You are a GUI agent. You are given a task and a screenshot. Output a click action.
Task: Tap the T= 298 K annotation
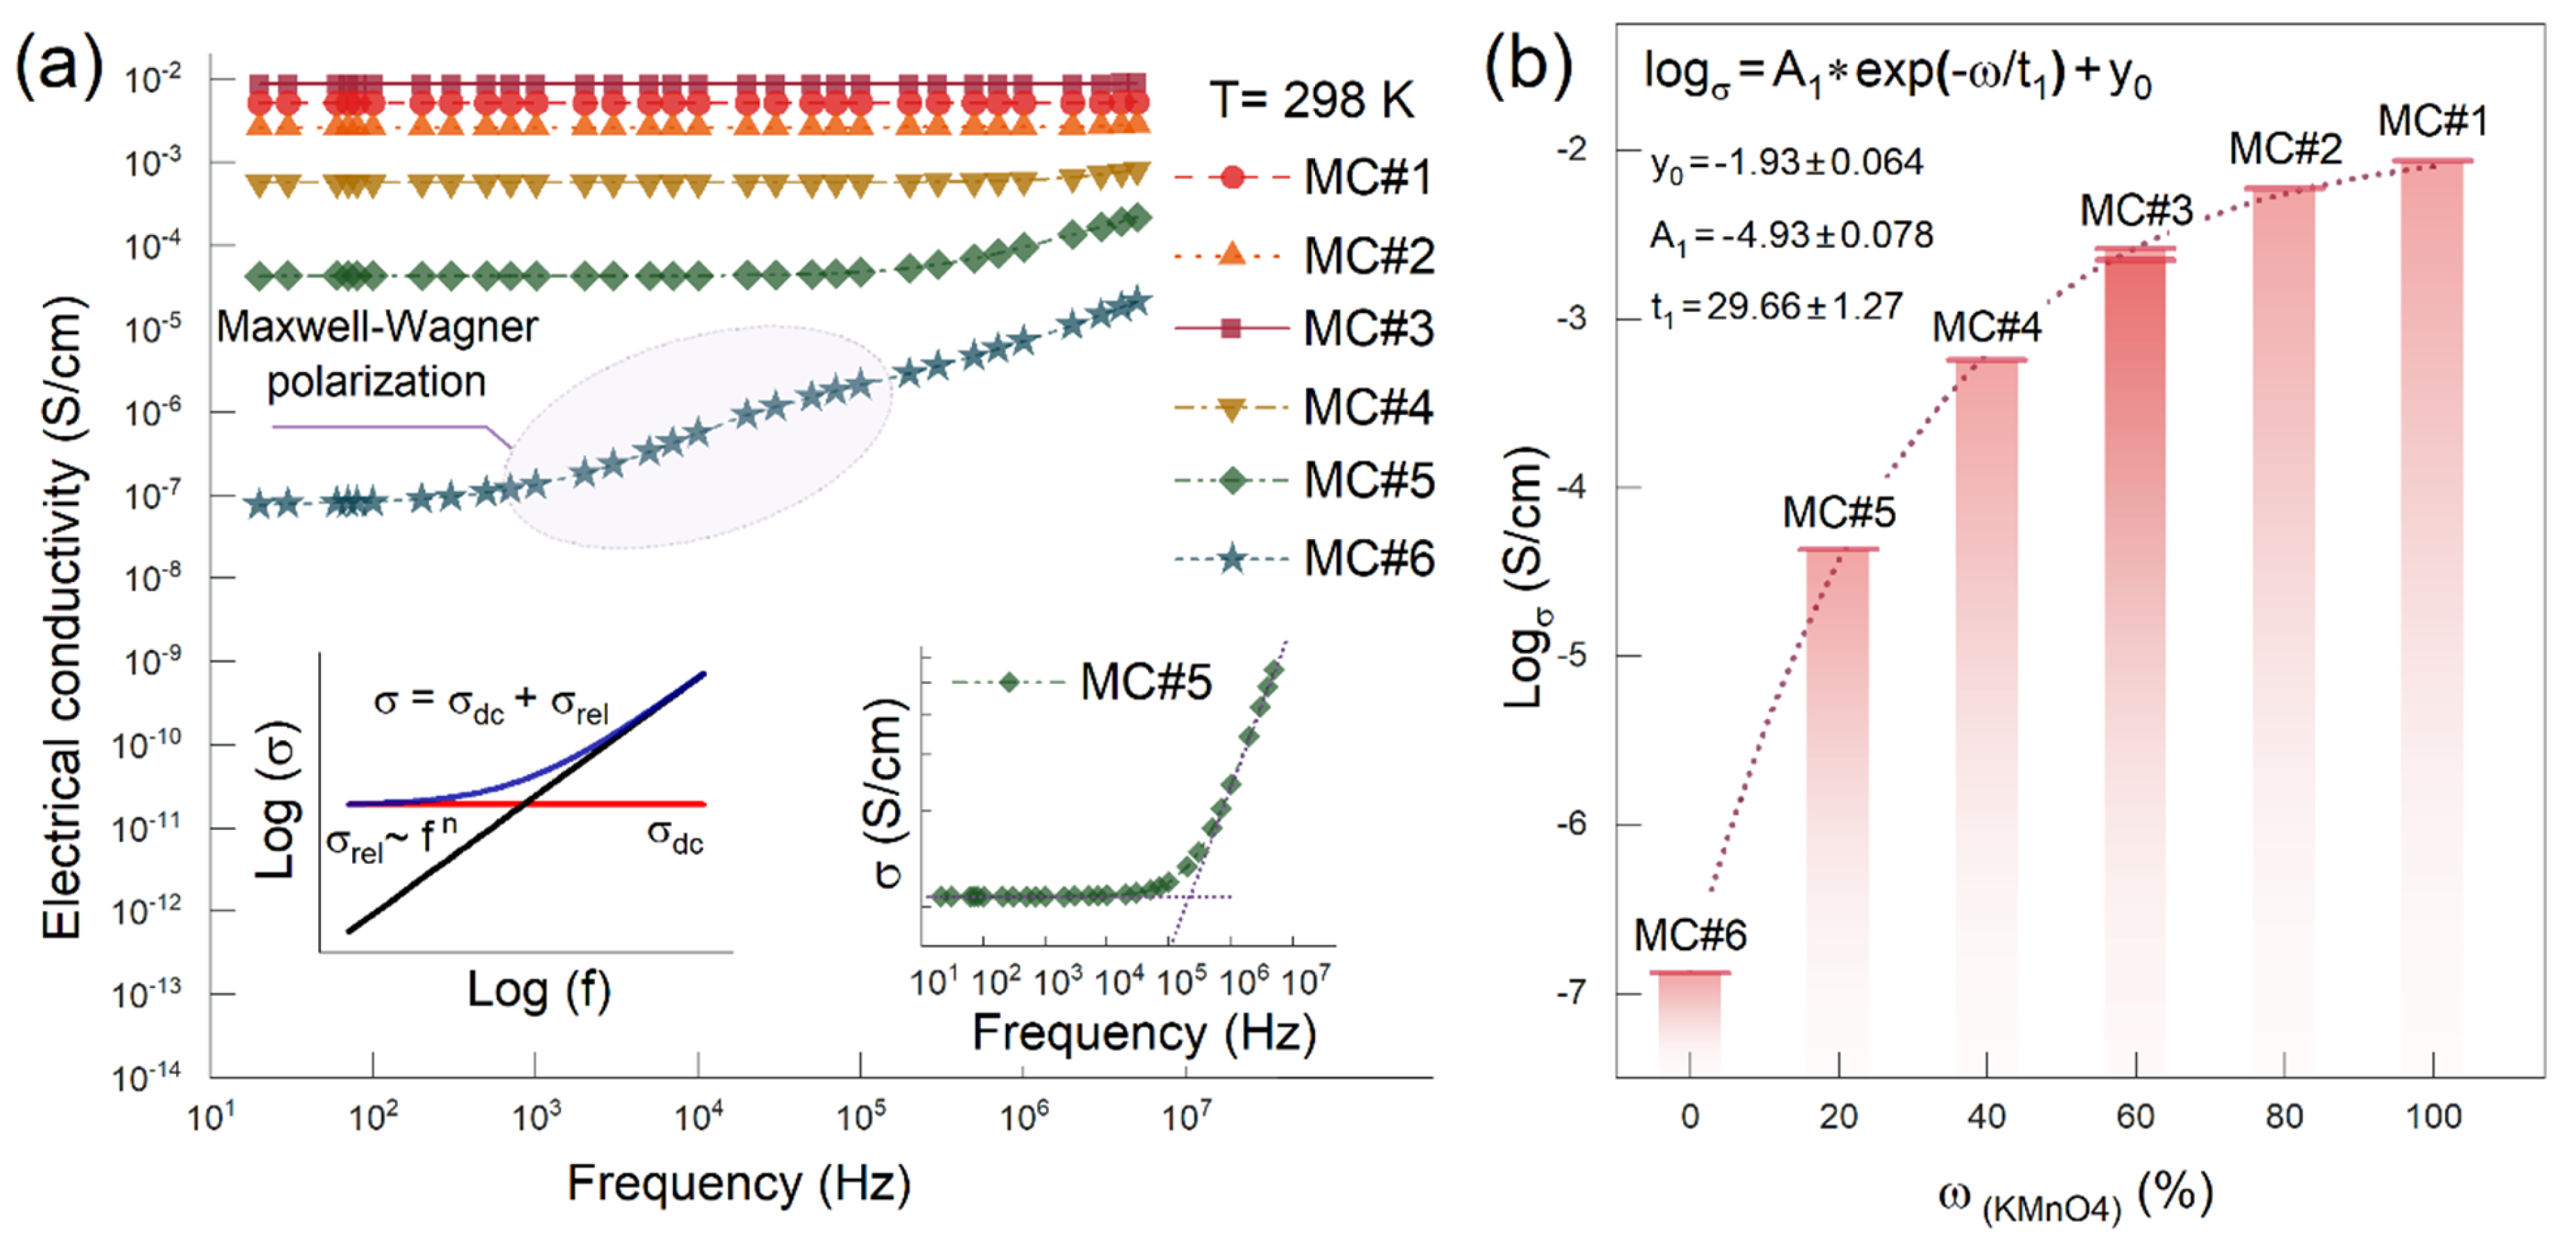[1311, 100]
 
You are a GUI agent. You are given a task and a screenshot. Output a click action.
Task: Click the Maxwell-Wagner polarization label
[376, 353]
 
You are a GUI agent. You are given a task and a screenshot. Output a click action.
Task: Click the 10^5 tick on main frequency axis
[860, 1117]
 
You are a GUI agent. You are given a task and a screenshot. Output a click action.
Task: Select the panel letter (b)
[1527, 66]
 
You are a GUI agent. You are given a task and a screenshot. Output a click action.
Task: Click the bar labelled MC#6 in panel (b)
[1690, 1023]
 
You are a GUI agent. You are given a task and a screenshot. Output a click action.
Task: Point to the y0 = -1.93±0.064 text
[1786, 163]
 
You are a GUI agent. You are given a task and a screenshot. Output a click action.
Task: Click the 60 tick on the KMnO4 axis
[2135, 1117]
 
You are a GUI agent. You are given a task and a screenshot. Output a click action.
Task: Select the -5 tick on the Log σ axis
[1574, 656]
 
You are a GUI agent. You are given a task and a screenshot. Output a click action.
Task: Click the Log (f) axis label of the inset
[538, 991]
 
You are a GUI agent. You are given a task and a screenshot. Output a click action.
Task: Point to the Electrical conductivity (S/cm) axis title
[62, 615]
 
